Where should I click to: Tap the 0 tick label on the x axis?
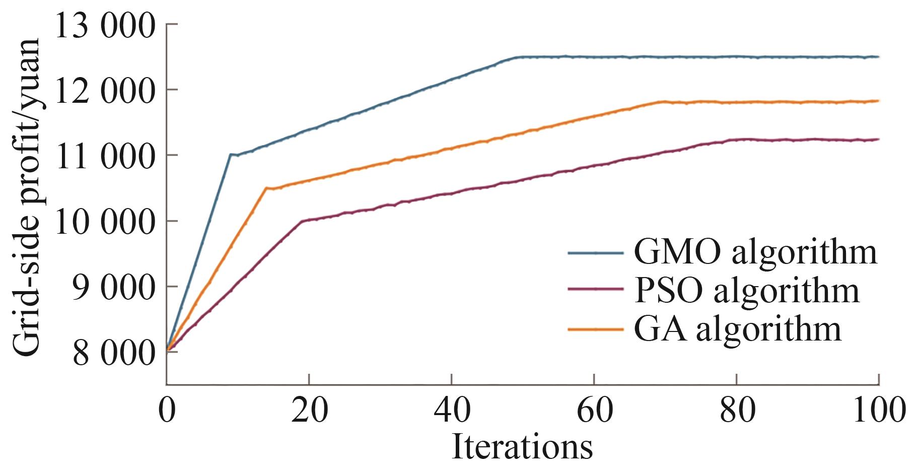point(167,410)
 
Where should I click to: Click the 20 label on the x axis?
point(309,410)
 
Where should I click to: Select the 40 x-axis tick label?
point(451,410)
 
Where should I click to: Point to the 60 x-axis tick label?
point(594,410)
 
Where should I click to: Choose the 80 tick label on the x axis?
point(736,410)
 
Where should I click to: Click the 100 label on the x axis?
point(878,410)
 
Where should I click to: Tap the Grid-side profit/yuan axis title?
point(25,198)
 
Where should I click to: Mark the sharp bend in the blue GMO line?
point(231,154)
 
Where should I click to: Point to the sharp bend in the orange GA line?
point(266,188)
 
